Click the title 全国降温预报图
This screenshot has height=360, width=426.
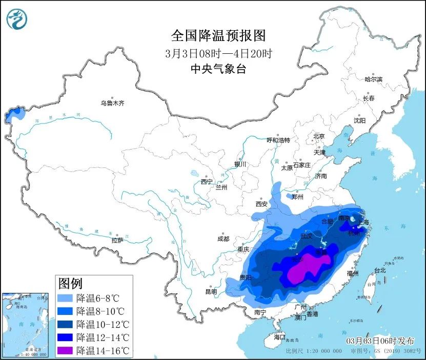point(218,35)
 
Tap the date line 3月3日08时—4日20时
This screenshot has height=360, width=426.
point(218,53)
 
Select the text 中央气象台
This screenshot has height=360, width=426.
point(218,69)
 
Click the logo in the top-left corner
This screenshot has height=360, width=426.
point(16,19)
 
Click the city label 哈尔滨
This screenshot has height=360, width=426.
point(373,79)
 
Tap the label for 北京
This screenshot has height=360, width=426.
point(319,136)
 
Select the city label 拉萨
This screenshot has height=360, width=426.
point(117,240)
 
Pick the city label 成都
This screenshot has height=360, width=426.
point(223,238)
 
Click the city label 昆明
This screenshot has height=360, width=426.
point(211,291)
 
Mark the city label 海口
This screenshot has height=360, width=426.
point(279,337)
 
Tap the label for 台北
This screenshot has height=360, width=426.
point(379,270)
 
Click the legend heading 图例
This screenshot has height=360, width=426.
point(71,283)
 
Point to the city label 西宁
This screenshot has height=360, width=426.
point(207,182)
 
